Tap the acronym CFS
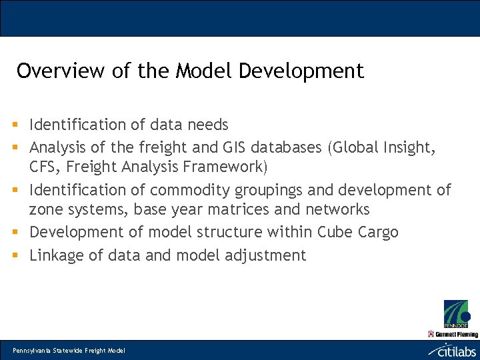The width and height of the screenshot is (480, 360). (x=43, y=167)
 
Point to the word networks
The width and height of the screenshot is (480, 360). (x=337, y=210)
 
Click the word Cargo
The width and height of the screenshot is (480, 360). (x=377, y=233)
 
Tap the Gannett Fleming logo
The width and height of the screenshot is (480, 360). (x=453, y=334)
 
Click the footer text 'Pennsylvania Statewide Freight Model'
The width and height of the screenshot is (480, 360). (x=69, y=350)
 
